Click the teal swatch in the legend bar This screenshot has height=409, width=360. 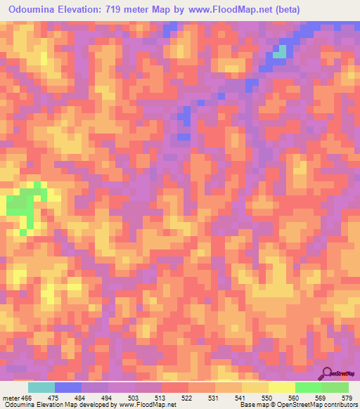pos(41,387)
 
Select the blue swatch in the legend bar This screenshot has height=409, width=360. pos(68,387)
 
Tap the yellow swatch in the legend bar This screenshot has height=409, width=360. pos(282,387)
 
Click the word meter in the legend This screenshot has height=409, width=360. pos(10,398)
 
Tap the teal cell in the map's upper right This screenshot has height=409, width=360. pos(280,51)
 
